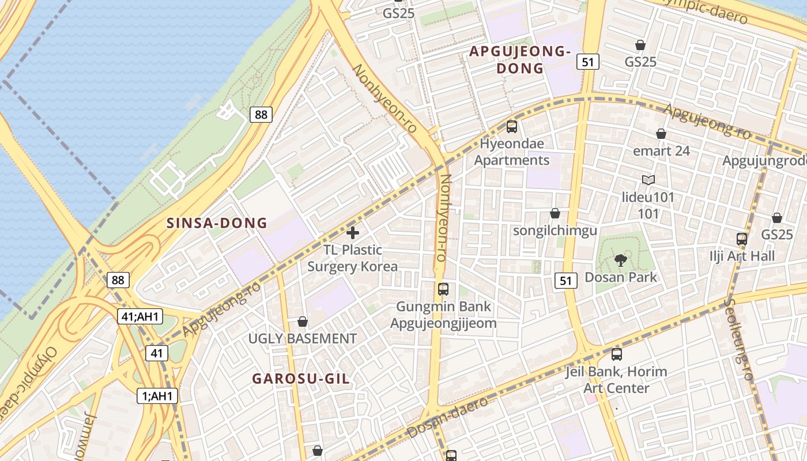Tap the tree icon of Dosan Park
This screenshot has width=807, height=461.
pos(620,260)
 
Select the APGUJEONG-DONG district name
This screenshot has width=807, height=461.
pos(519,60)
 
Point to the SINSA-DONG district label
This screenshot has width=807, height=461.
pos(217,223)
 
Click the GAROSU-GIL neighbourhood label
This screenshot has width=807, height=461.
pos(301,379)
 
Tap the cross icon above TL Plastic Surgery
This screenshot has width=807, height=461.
pos(353,233)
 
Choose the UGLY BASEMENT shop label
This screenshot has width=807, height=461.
pos(303,338)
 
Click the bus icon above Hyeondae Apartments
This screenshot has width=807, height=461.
pos(511,127)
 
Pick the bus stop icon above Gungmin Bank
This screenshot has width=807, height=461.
pos(443,289)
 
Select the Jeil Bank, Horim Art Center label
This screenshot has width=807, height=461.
pos(616,380)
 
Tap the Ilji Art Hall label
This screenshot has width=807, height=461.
pos(742,256)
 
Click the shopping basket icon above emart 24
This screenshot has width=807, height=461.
pos(661,134)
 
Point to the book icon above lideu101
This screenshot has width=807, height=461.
pos(648,180)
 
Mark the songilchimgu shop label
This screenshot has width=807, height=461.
pos(555,231)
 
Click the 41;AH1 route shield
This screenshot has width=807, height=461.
pos(140,316)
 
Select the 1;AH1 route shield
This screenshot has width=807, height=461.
pos(157,396)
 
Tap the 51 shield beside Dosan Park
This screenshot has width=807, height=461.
pos(565,281)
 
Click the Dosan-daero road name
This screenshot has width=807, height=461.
pos(447,417)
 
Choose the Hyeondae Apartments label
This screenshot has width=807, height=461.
pos(512,152)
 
